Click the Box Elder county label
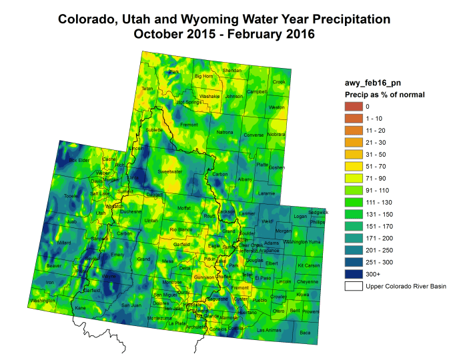coord(79,160)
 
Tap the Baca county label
coord(305,332)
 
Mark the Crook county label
coord(279,82)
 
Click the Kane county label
coord(80,307)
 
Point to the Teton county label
coord(147,89)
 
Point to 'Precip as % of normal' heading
coord(380,95)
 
